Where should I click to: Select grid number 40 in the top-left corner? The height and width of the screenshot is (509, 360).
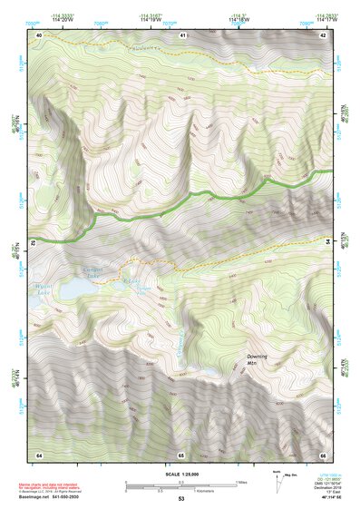coord(39,34)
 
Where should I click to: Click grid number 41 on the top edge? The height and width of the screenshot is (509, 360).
coord(182,34)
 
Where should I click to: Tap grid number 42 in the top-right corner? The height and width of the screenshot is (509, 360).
coord(323,34)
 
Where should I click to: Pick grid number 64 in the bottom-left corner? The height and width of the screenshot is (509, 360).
coord(39,454)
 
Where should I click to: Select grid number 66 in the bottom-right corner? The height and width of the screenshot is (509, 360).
coord(323,454)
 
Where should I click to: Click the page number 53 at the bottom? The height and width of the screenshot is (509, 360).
coord(181,499)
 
